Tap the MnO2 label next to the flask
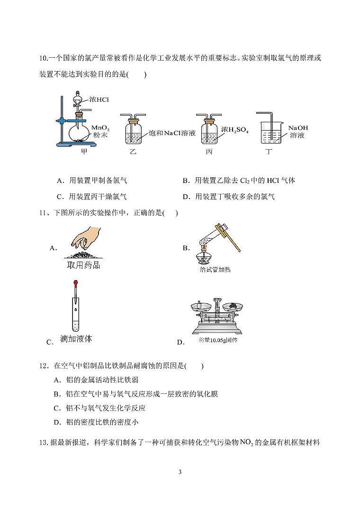pos(100,128)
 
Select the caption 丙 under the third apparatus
pos(209,152)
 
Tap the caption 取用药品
pos(84,264)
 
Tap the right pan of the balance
pos(233,308)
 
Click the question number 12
pos(44,366)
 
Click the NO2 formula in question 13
pos(247,443)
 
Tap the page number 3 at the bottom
pos(180,472)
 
